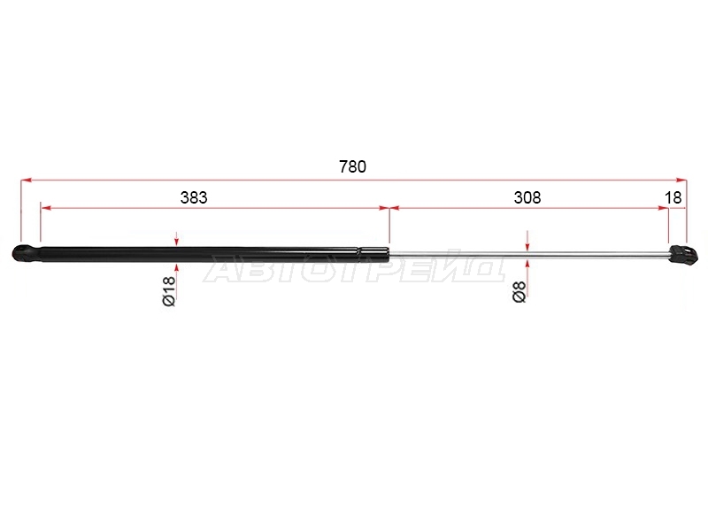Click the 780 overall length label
click(352, 166)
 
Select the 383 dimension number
click(194, 197)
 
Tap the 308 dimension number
click(527, 197)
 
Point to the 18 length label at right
click(673, 197)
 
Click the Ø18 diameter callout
click(168, 291)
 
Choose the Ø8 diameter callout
click(519, 291)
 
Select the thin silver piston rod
click(528, 255)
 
